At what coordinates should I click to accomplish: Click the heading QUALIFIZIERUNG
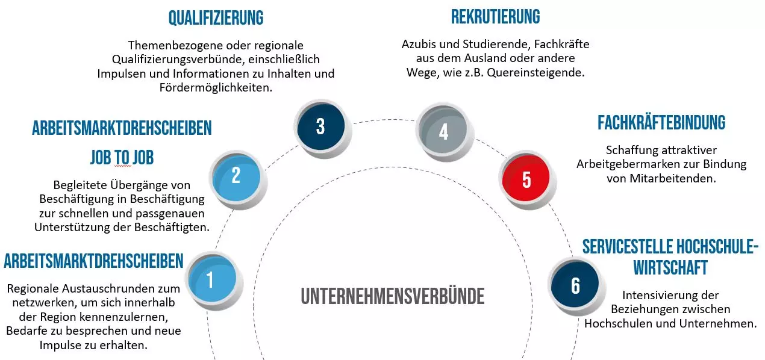216,17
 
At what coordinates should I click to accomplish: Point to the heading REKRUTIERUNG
496,16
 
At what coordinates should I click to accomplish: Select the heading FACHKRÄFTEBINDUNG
661,123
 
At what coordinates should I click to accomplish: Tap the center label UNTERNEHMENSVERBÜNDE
393,296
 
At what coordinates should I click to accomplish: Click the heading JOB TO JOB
122,157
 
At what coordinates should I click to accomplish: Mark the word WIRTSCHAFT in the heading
670,267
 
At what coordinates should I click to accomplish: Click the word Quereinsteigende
535,72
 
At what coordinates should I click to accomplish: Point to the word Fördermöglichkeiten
216,88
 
